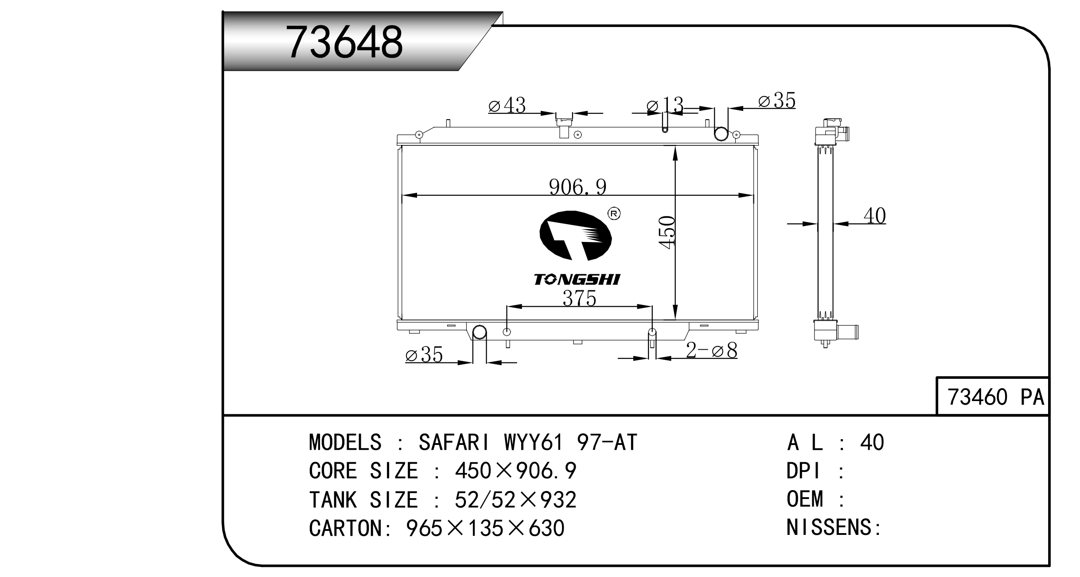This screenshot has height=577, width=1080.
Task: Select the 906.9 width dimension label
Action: point(577,187)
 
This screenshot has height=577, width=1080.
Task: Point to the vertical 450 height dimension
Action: point(667,232)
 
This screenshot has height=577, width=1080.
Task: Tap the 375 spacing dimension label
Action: point(579,298)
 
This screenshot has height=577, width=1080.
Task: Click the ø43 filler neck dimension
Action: point(507,105)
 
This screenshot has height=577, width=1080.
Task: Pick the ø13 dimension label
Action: point(665,105)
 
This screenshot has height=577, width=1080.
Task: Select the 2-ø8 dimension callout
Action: point(711,351)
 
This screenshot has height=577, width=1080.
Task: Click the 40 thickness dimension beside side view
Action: point(874,216)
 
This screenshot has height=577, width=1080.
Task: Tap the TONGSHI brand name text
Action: point(577,279)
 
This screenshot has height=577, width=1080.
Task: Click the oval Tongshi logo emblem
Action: point(575,235)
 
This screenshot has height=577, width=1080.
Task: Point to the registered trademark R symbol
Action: point(614,214)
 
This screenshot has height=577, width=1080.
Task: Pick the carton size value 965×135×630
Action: point(485,528)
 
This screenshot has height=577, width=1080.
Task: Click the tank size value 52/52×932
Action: point(515,499)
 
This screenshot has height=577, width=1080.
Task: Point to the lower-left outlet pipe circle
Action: point(479,332)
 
